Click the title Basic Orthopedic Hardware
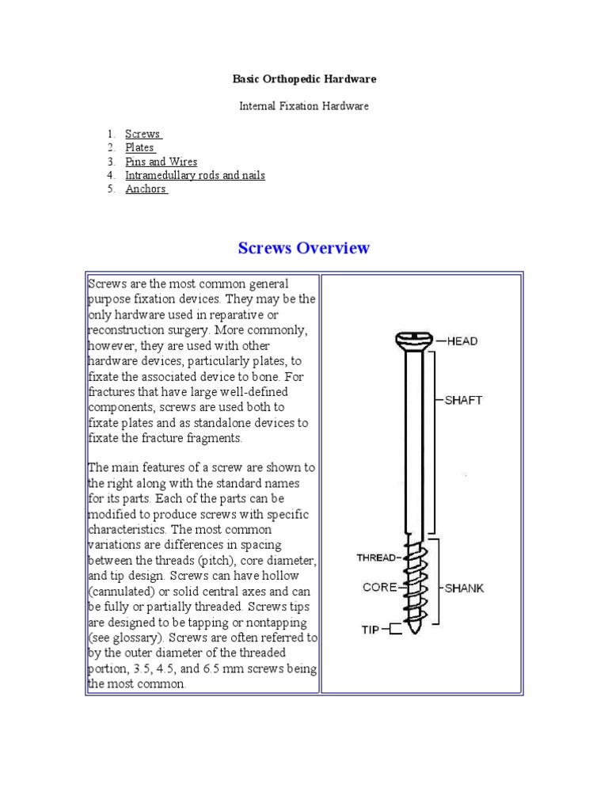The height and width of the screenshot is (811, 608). [304, 79]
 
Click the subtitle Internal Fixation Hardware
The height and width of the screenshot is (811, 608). [304, 106]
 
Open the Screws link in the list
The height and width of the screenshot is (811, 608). [142, 135]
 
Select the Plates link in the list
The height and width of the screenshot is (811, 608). [139, 148]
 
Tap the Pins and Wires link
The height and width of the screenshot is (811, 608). [161, 162]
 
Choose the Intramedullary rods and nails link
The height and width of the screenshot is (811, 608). [195, 175]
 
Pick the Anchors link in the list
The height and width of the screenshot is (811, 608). [146, 189]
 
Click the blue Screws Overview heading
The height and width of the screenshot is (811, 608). [304, 248]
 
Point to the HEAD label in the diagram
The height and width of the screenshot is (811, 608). [462, 341]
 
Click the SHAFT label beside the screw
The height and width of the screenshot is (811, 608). [463, 400]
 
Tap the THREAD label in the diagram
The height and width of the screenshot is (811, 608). [375, 558]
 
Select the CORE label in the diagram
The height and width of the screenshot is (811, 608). [379, 588]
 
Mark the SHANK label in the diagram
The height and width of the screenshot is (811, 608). [464, 588]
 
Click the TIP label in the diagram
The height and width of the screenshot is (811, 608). [370, 630]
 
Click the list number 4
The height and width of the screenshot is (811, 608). [112, 175]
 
